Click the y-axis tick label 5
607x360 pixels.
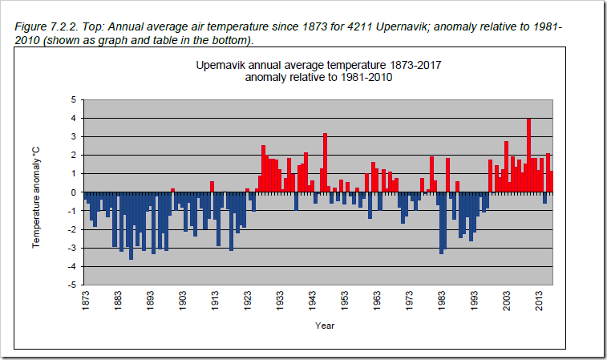pos(73,99)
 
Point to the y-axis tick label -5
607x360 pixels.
pos(71,285)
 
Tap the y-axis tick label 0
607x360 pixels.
pos(73,192)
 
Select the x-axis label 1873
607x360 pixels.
pos(85,301)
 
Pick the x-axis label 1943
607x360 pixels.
pos(313,301)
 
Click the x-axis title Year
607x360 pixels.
pos(324,326)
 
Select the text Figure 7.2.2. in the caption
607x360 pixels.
pos(45,27)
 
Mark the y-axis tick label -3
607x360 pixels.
pos(71,248)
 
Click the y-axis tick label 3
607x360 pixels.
pos(73,136)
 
